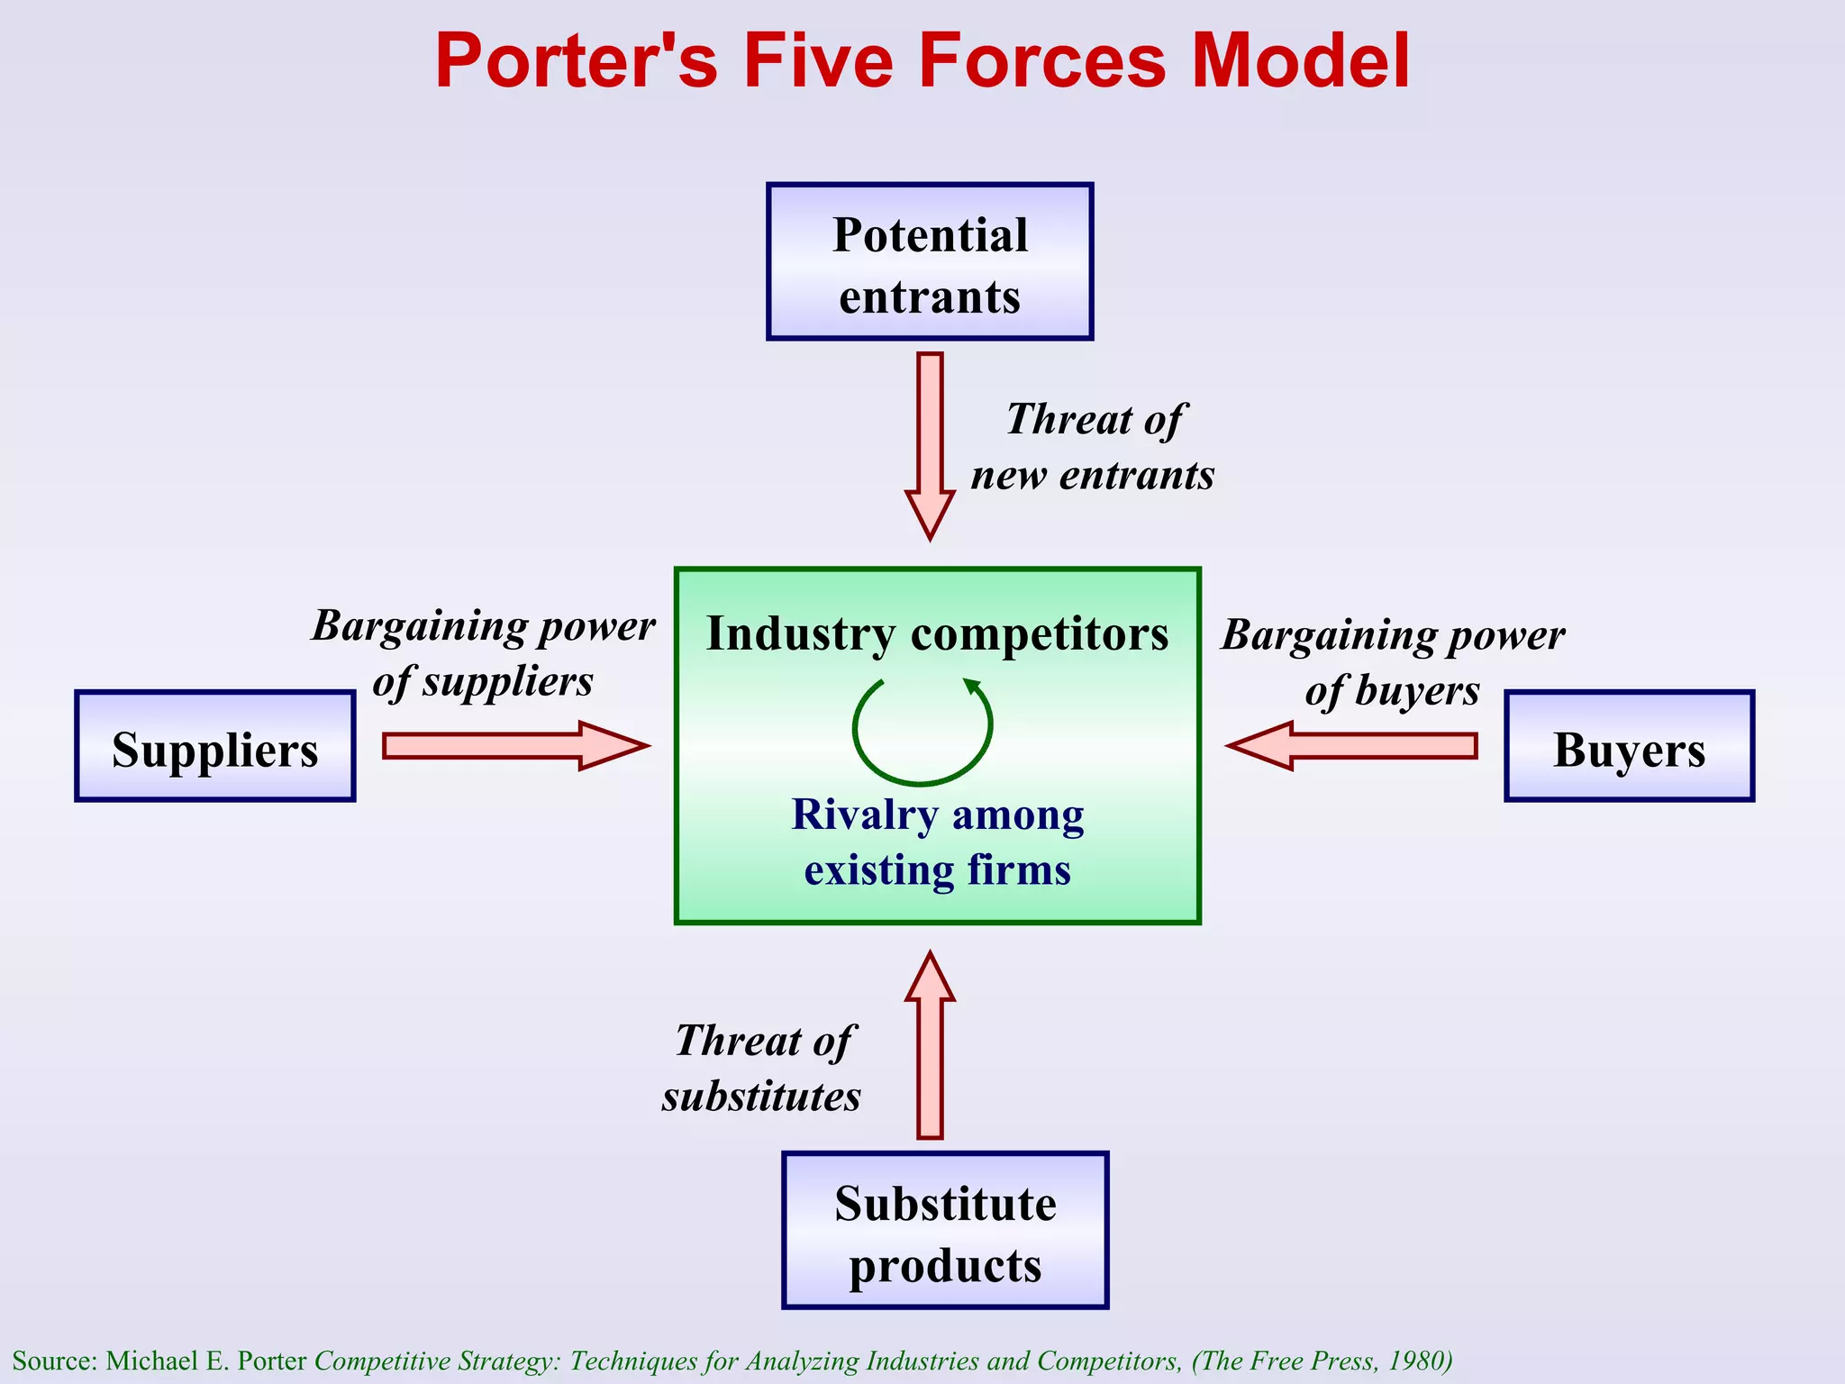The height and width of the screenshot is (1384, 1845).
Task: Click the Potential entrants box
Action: click(x=930, y=262)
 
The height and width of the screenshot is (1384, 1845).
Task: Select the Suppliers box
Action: click(x=215, y=746)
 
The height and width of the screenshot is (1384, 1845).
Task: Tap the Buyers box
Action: click(x=1629, y=746)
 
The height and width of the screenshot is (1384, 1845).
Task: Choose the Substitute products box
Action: click(x=945, y=1231)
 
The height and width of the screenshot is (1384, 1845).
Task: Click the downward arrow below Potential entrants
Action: click(x=930, y=442)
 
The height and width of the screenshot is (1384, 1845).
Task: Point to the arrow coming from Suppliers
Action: click(x=514, y=745)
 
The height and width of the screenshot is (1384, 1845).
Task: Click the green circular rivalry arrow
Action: click(x=922, y=730)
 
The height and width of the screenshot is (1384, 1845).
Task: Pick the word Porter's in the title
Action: click(x=577, y=61)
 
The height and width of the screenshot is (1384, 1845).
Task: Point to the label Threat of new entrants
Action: click(x=1093, y=447)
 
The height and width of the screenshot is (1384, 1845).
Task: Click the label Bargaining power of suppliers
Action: click(x=484, y=653)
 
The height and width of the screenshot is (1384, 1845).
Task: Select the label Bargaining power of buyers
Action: click(x=1393, y=662)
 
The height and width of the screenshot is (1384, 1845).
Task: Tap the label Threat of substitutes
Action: click(x=762, y=1069)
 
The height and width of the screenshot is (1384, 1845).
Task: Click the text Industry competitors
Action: click(x=937, y=633)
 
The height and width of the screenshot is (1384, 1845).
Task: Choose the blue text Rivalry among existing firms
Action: click(x=937, y=842)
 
